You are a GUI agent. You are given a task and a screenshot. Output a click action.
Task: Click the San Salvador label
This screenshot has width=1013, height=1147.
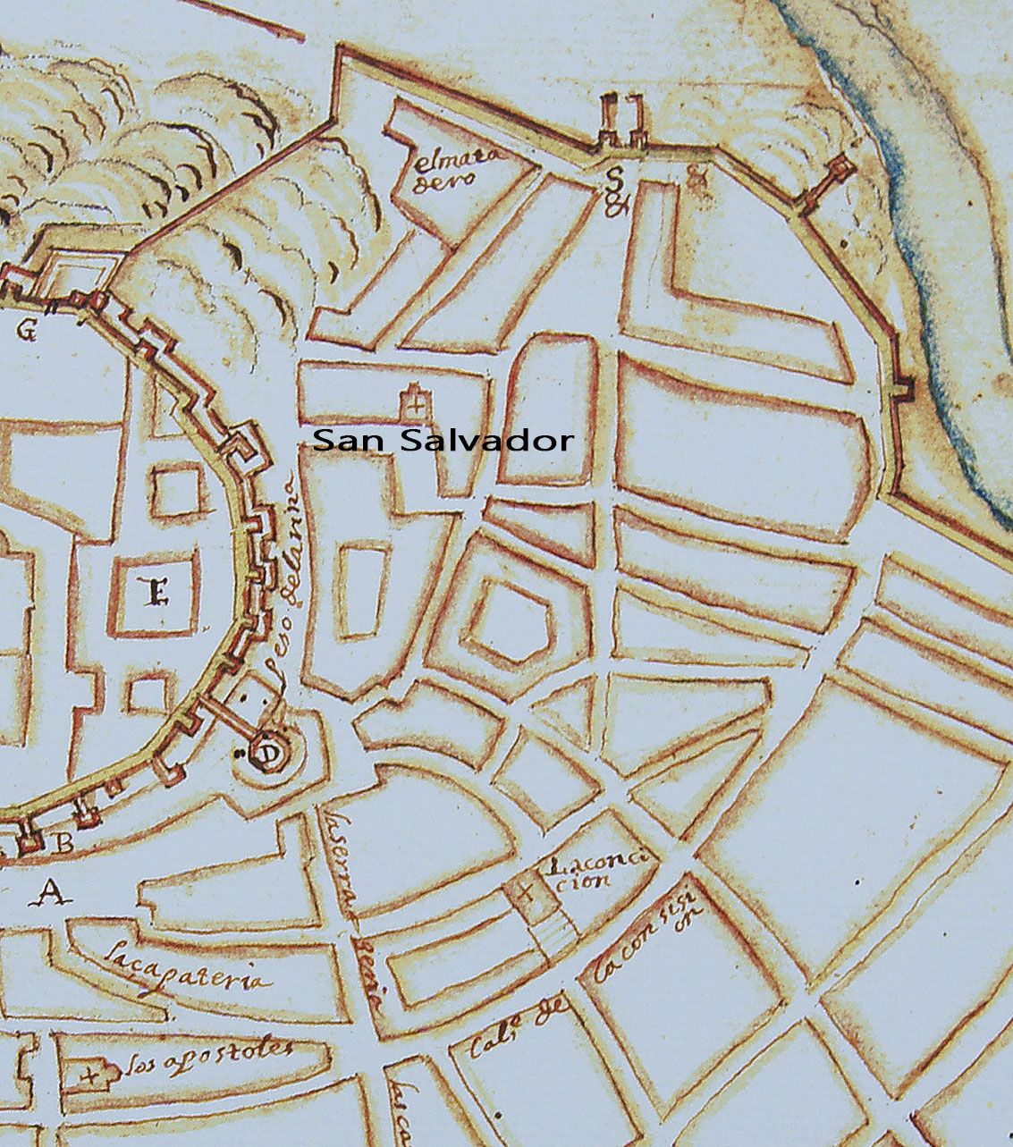tap(443, 440)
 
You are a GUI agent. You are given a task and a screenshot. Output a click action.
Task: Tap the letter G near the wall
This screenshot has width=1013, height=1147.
tap(26, 332)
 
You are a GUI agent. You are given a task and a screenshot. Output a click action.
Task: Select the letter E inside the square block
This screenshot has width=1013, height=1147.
tap(157, 592)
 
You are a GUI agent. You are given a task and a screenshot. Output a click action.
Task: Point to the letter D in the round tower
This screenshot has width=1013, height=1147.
tap(266, 753)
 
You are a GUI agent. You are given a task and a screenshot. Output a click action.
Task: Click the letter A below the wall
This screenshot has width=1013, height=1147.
tap(53, 891)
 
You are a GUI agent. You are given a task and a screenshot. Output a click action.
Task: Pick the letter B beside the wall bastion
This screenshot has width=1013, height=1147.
tap(64, 842)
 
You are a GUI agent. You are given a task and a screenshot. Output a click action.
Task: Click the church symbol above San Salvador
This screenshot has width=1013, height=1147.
tap(413, 401)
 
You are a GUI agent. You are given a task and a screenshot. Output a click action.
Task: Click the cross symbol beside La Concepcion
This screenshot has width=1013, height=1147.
tap(525, 890)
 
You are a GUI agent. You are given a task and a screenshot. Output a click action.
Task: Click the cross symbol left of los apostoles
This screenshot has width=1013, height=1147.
tap(90, 1075)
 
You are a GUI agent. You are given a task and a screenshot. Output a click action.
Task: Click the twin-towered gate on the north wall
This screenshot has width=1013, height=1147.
tap(623, 122)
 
